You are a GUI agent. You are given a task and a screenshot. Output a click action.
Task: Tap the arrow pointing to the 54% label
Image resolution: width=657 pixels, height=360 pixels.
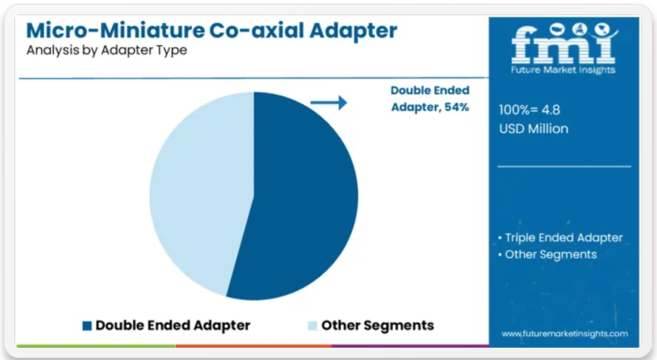329,102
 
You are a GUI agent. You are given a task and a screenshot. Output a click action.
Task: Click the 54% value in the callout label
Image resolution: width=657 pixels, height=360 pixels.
457,108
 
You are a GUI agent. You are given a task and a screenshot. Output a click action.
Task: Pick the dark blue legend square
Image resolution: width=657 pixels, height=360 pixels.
87,326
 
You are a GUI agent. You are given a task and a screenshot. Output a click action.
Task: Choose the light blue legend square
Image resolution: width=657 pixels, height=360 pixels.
312,326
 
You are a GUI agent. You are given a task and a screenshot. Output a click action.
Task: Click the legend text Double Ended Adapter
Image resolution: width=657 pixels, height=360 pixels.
173,325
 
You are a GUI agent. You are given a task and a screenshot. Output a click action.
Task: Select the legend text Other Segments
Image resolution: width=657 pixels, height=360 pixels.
377,325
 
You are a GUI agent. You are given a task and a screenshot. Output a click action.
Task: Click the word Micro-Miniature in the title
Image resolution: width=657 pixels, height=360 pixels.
115,31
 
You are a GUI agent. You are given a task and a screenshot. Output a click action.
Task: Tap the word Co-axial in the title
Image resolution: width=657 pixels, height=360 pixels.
256,31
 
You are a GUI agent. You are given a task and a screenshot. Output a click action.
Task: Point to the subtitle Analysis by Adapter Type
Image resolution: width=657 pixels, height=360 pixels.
107,50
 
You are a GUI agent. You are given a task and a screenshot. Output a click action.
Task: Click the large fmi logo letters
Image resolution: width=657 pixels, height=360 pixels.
564,43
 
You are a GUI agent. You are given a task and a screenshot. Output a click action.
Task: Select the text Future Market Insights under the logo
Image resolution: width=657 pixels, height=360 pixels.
563,70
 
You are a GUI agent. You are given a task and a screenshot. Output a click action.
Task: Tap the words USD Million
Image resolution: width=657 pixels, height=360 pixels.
533,129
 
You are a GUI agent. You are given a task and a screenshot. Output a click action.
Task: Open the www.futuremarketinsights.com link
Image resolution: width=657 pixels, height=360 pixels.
565,334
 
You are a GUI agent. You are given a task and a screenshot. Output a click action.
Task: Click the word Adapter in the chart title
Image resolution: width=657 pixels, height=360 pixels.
353,32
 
